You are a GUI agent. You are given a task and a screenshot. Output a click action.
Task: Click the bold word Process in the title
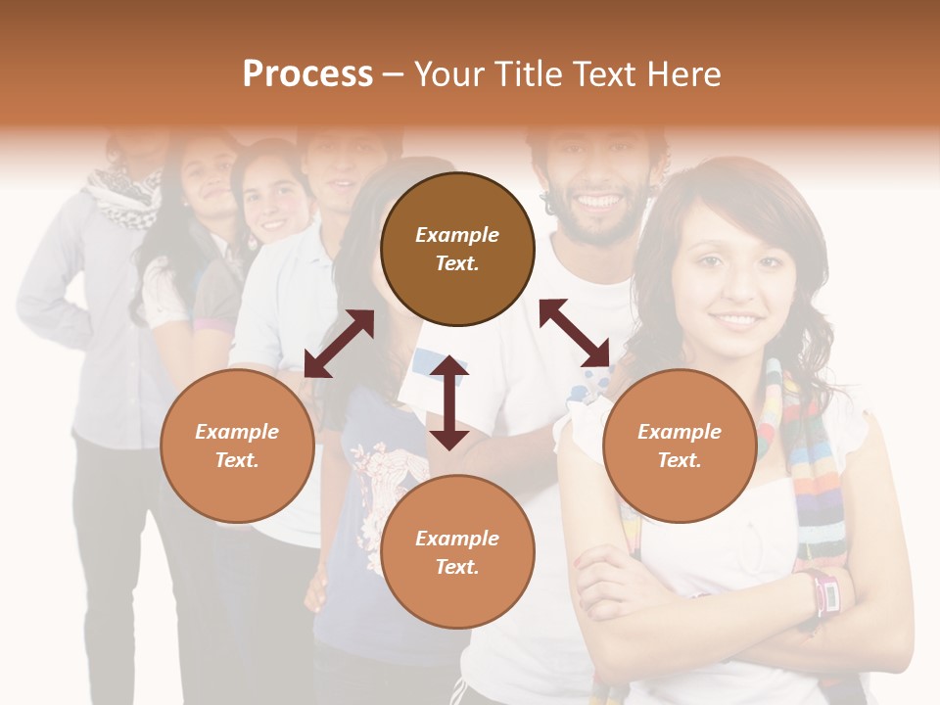point(307,74)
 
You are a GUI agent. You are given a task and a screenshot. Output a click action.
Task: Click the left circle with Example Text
point(237,446)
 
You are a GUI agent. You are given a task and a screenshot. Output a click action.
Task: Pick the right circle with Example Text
point(680,446)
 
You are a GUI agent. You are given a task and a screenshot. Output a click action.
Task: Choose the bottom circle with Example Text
point(457,552)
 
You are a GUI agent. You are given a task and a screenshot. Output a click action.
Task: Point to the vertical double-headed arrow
point(449,402)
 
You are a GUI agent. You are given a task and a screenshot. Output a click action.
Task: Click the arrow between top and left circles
point(339,344)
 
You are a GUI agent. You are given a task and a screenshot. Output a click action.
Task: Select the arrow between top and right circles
point(574,333)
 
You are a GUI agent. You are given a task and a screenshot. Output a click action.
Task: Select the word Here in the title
point(684,74)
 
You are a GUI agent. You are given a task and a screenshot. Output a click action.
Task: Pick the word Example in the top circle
point(457,235)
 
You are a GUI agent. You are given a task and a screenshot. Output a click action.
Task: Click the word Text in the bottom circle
point(457,567)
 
